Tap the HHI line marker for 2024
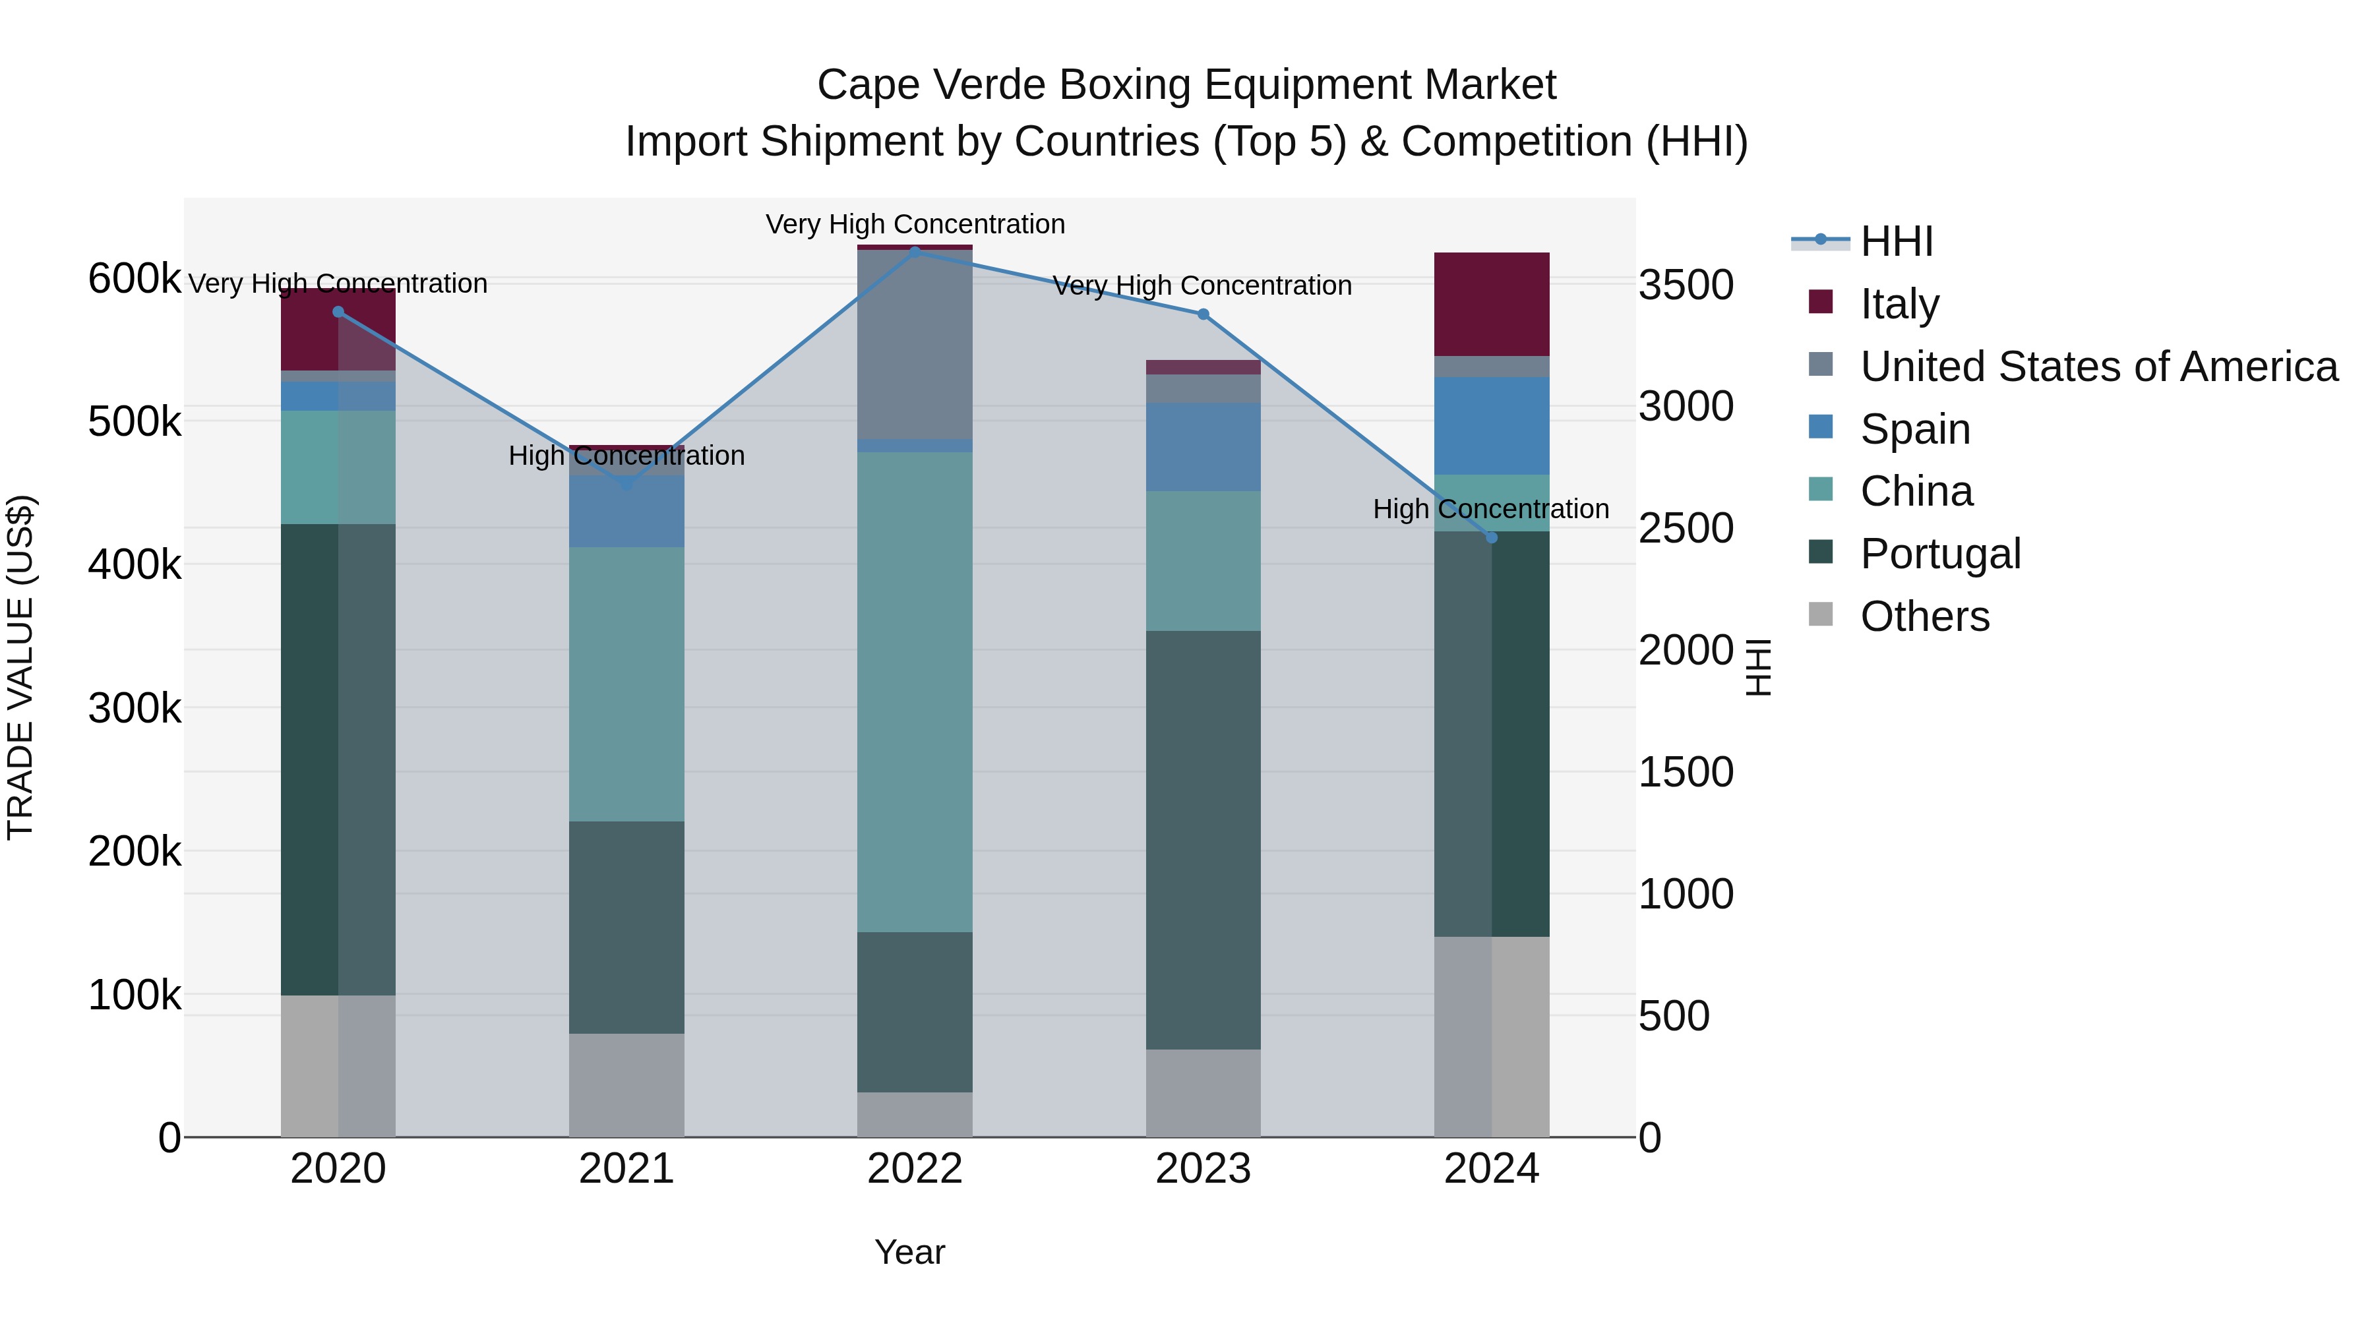pos(1491,537)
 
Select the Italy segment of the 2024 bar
pos(1491,304)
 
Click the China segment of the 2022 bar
pos(914,691)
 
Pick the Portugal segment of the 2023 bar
pos(1203,839)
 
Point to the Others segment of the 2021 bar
pos(626,1084)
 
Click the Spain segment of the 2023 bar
pos(1203,447)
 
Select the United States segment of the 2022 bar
pos(914,345)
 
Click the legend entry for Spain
pos(1914,429)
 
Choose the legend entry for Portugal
pos(1940,554)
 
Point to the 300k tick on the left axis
pos(135,709)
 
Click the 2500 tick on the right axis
pos(1685,529)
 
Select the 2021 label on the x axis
pos(626,1169)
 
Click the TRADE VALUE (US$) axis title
pos(20,667)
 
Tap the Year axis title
pos(909,1252)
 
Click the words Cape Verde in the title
pos(930,85)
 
